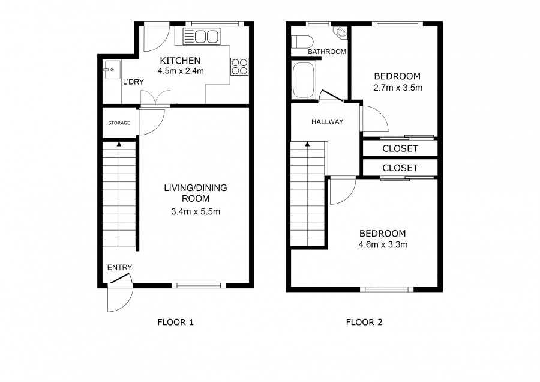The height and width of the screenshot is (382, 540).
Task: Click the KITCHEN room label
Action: coord(180,61)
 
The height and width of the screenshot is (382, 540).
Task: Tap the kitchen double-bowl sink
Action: coord(202,36)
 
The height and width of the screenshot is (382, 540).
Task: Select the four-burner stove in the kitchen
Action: coord(239,66)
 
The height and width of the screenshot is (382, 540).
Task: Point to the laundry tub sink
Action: coord(112,70)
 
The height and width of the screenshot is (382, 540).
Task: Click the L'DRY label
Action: coord(133,82)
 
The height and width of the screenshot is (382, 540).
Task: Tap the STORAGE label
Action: coord(119,123)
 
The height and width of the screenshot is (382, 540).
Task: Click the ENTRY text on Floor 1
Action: coord(119,267)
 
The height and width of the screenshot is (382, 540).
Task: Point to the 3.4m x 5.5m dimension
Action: coord(196,211)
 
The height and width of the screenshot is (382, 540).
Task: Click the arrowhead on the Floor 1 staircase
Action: coord(119,144)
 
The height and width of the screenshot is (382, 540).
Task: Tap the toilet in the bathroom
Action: coord(302,42)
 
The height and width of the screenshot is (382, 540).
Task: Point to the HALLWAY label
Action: coord(327,122)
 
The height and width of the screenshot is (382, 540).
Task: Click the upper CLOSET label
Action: coord(400,148)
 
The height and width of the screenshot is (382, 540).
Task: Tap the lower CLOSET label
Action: coord(400,168)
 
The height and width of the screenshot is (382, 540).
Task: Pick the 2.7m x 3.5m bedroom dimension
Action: coord(398,88)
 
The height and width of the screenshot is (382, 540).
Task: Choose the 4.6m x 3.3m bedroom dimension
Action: coord(383,245)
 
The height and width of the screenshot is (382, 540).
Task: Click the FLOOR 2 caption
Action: coord(364,323)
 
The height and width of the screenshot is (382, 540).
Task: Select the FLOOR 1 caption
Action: coord(175,323)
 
